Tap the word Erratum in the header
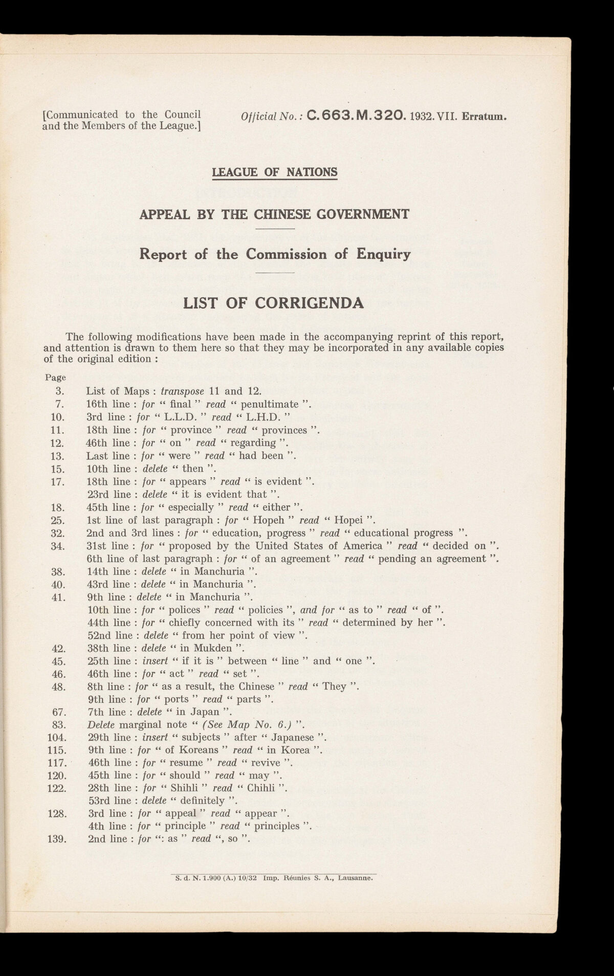pyautogui.click(x=484, y=116)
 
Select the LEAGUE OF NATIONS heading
pyautogui.click(x=275, y=172)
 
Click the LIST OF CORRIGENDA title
pyautogui.click(x=274, y=303)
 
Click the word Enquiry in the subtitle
pyautogui.click(x=381, y=254)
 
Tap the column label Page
pyautogui.click(x=56, y=378)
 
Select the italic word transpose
pyautogui.click(x=182, y=391)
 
